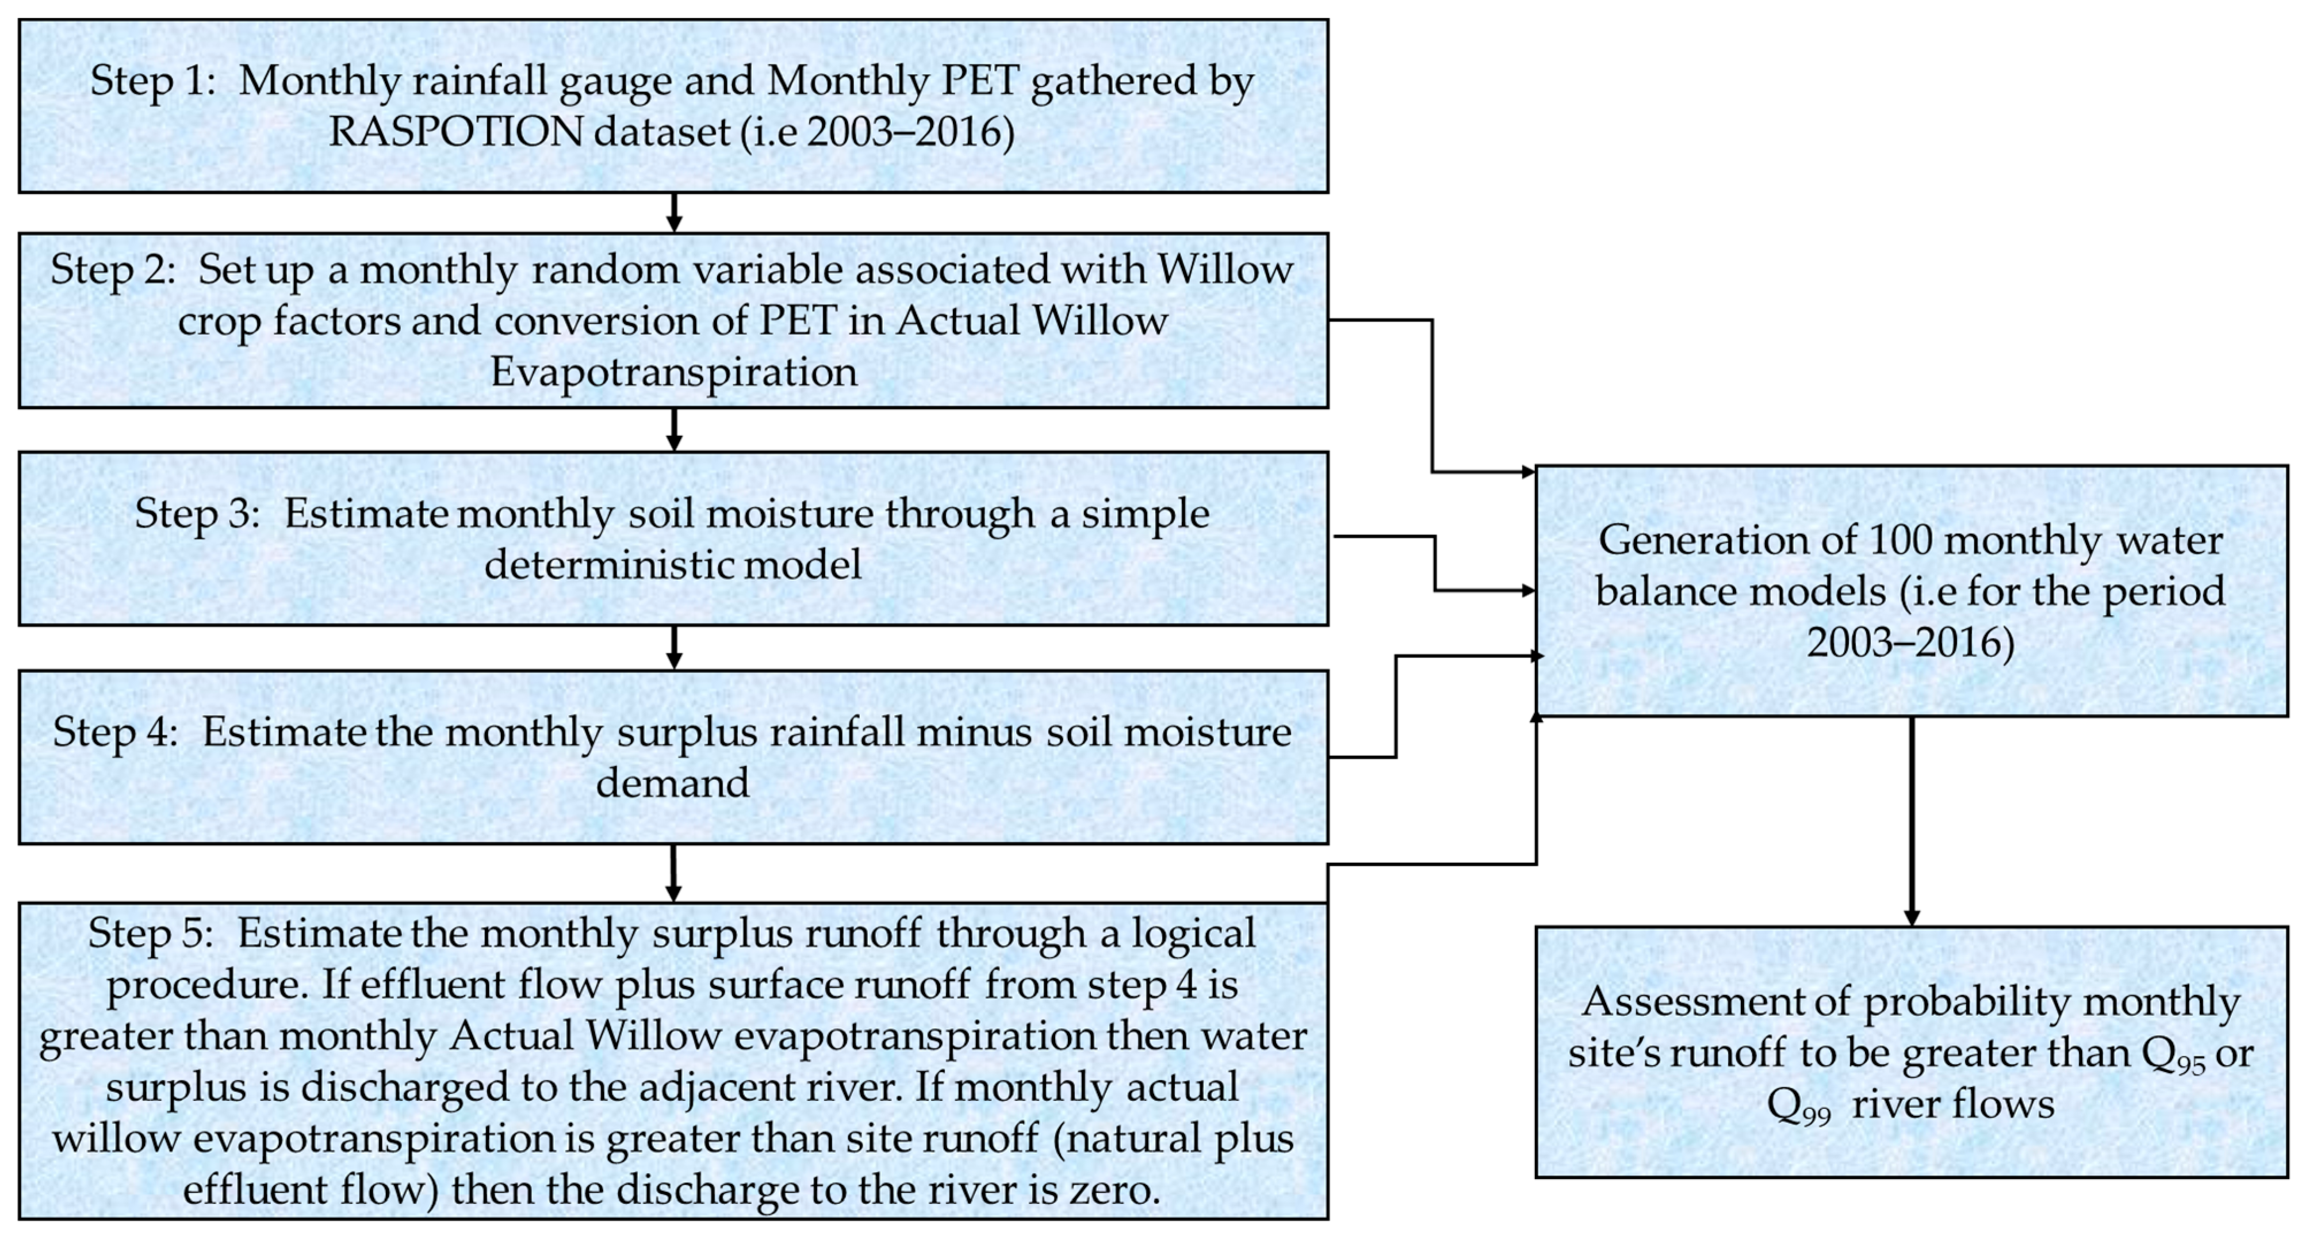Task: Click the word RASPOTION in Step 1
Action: [456, 133]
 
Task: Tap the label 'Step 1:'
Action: [152, 82]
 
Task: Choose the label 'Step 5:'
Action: [151, 934]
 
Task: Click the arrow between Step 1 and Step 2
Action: [673, 213]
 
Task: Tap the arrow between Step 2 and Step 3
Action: [673, 429]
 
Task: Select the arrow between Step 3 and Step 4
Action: [673, 648]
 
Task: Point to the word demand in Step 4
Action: [672, 784]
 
